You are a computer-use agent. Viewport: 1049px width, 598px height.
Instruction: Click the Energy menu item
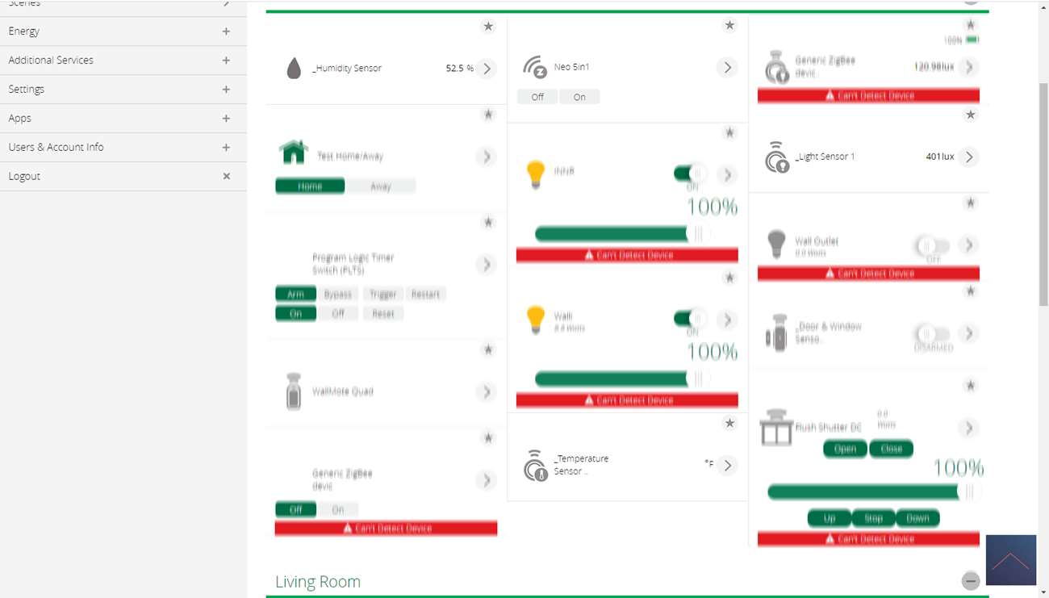(x=24, y=31)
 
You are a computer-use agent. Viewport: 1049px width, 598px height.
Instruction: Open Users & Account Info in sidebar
(x=56, y=148)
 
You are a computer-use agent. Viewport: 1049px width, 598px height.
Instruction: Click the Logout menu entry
(x=24, y=177)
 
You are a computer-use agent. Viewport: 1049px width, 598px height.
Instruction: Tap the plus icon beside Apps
(x=226, y=119)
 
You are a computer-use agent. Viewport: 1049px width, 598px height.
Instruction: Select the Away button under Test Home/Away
(x=380, y=186)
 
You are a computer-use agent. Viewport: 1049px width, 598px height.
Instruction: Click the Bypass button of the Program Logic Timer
(x=338, y=295)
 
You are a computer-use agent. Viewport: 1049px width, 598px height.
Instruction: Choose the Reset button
(x=383, y=314)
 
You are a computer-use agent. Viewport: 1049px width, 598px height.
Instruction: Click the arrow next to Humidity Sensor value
(x=486, y=69)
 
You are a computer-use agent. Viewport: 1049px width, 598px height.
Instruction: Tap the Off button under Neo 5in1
(x=537, y=97)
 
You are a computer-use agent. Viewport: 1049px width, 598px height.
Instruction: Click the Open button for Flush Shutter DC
(x=845, y=449)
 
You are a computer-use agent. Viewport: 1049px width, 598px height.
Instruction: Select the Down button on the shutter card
(x=917, y=518)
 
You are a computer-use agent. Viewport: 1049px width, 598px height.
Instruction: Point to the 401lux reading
(x=940, y=157)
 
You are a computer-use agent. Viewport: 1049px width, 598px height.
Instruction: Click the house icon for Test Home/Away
(x=294, y=152)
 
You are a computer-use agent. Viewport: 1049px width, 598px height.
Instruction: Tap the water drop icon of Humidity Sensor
(x=294, y=69)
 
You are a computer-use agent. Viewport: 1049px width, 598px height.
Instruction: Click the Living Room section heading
(x=318, y=582)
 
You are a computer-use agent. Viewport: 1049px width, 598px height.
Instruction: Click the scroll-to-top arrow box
(x=1010, y=560)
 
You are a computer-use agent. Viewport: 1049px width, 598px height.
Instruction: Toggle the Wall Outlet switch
(x=932, y=245)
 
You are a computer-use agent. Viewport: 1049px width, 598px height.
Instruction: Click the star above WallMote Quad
(x=488, y=349)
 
